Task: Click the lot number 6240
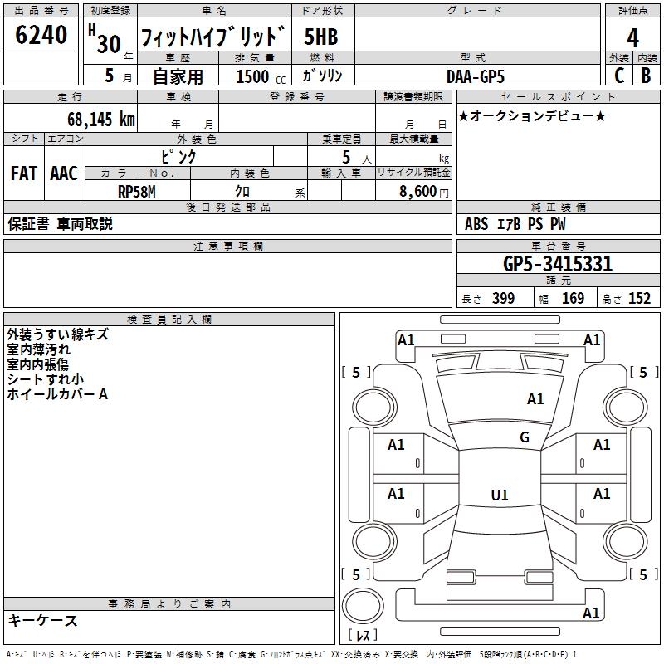[x=41, y=37]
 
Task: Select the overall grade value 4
[x=632, y=38]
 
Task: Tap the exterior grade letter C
[x=619, y=76]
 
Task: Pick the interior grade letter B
[x=646, y=76]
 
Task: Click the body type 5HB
[x=321, y=38]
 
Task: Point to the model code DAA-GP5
[x=476, y=76]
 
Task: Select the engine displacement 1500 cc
[x=258, y=76]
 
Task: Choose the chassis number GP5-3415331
[x=558, y=265]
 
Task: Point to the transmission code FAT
[x=23, y=173]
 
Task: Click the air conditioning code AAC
[x=64, y=173]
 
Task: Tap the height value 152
[x=638, y=299]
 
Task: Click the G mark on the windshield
[x=525, y=437]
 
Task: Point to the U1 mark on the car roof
[x=499, y=495]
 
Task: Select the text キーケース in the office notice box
[x=43, y=621]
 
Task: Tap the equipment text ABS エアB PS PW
[x=516, y=224]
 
